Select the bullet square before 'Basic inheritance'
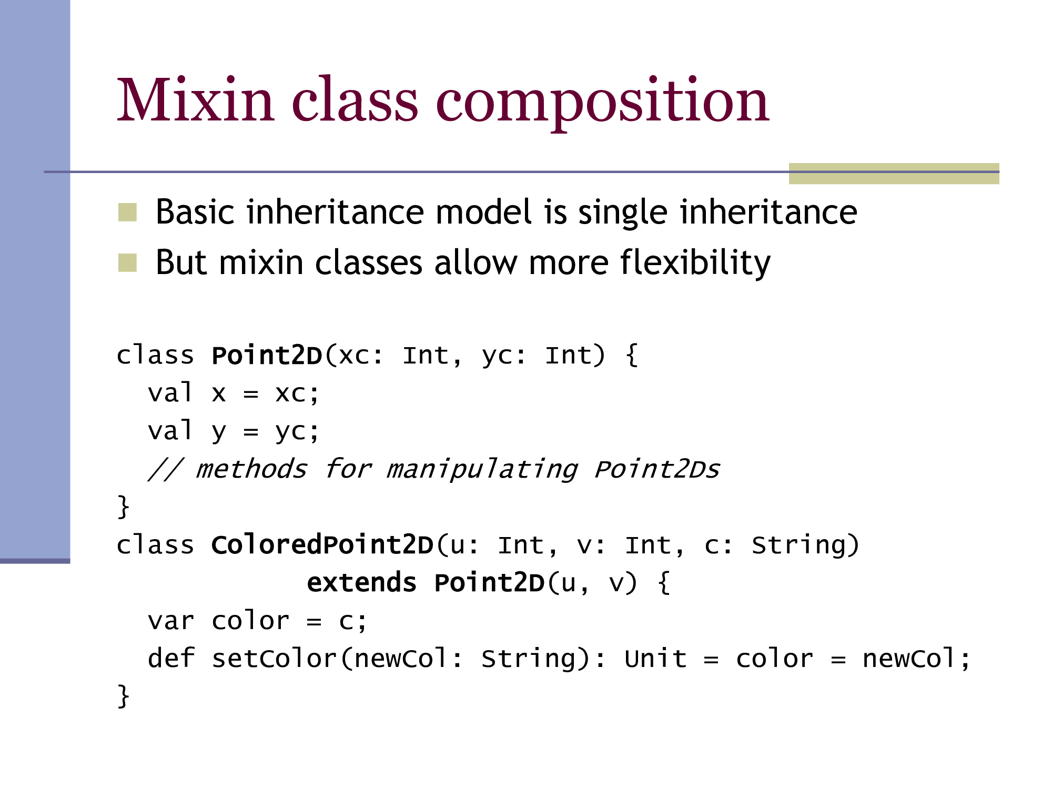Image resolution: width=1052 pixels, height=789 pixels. pos(127,212)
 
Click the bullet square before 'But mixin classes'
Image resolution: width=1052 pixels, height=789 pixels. pos(127,262)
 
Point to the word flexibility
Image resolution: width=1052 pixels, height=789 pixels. pos(695,262)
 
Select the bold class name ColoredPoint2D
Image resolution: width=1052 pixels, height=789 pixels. pos(322,545)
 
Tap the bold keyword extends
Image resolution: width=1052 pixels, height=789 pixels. pos(362,583)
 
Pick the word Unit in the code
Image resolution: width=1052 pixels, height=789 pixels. pos(656,659)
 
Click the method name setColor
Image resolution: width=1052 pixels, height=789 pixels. pos(274,659)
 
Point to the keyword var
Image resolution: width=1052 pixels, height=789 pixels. pos(171,621)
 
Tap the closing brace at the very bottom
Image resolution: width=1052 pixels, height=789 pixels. pos(123,696)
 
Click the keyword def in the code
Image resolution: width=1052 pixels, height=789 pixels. pos(171,659)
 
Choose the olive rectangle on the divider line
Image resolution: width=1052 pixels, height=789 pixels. pos(894,174)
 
